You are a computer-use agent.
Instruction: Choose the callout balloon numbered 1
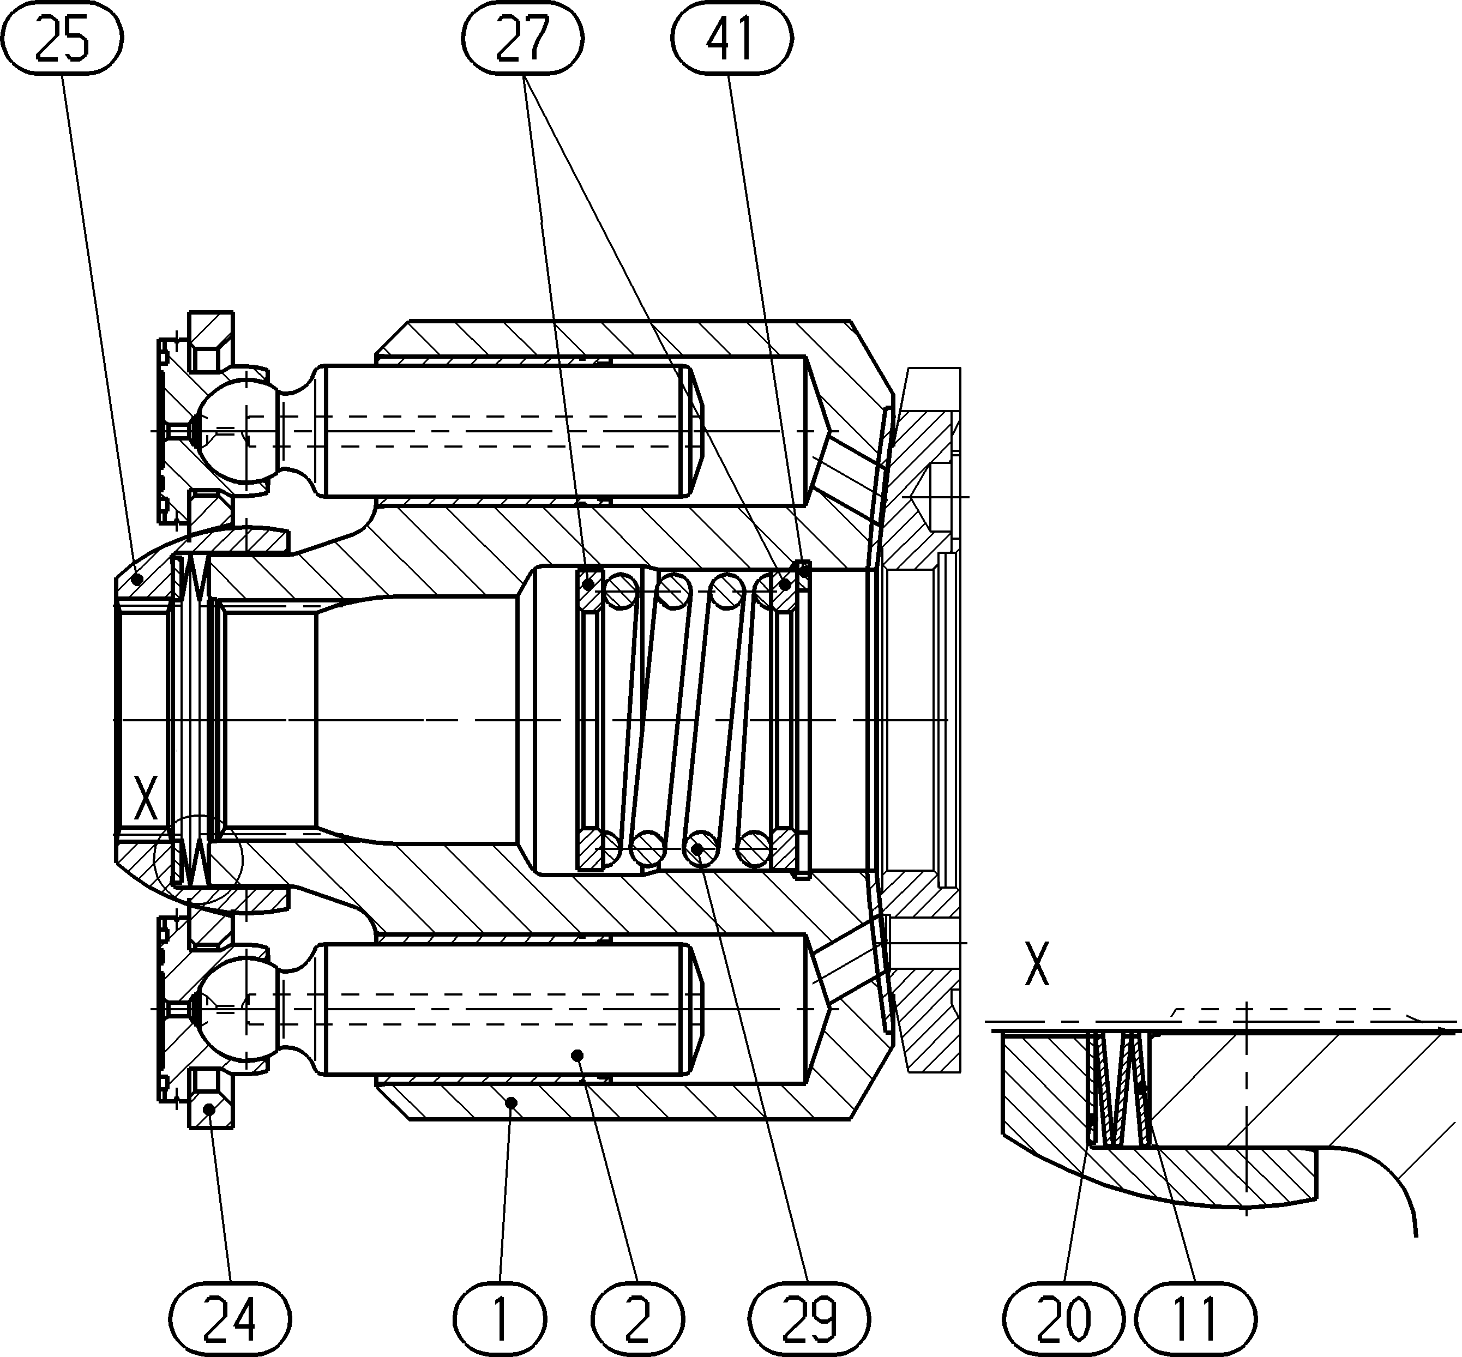pos(500,1319)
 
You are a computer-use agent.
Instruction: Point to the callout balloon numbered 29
pos(810,1319)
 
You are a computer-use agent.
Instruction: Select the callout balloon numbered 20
pos(1064,1319)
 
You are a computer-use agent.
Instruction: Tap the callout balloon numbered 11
pos(1195,1319)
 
